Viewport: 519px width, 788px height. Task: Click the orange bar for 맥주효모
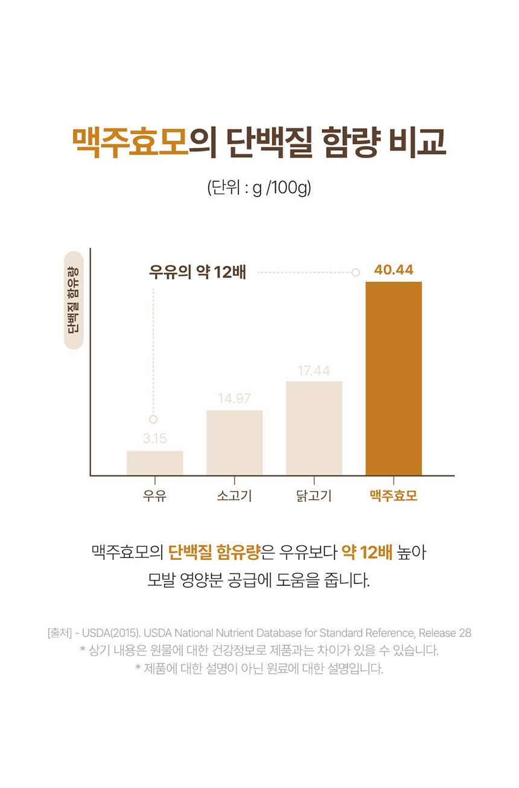pos(393,378)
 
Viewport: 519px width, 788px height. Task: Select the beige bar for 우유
pos(154,463)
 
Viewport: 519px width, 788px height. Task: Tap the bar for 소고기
pos(234,442)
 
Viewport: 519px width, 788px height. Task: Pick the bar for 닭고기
pos(314,428)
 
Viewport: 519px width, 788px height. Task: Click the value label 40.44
pos(393,270)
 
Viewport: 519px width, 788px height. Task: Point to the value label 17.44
pos(314,370)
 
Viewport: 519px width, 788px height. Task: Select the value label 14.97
pos(234,399)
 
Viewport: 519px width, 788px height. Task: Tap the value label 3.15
pos(154,439)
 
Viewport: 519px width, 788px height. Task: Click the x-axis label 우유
pos(154,497)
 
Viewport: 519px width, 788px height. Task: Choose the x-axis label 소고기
pos(234,497)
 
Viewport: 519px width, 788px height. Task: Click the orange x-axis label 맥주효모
pos(393,497)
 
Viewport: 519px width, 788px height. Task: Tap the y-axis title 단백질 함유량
pos(73,300)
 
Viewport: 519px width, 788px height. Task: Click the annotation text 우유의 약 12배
pos(197,272)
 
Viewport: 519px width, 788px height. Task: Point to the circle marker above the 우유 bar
pos(153,419)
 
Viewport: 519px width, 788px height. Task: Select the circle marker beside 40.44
pos(355,272)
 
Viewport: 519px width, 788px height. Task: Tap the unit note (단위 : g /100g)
pos(259,188)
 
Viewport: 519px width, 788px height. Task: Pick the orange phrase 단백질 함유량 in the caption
pos(214,551)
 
